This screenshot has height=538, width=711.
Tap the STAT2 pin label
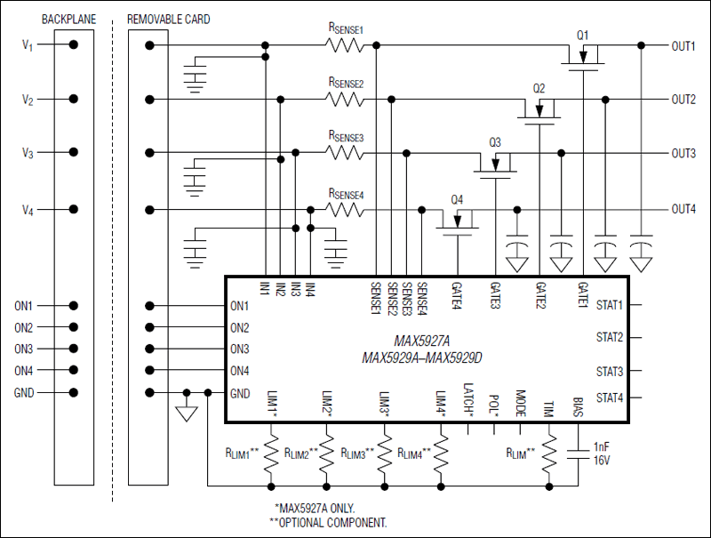pyautogui.click(x=610, y=338)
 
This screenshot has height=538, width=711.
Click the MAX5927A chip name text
pyautogui.click(x=422, y=341)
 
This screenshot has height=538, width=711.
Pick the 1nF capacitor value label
pyautogui.click(x=602, y=447)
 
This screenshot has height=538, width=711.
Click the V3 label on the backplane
pyautogui.click(x=28, y=154)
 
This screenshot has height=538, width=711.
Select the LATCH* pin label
pyautogui.click(x=468, y=397)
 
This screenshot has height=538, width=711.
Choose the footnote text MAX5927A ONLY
pyautogui.click(x=324, y=508)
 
